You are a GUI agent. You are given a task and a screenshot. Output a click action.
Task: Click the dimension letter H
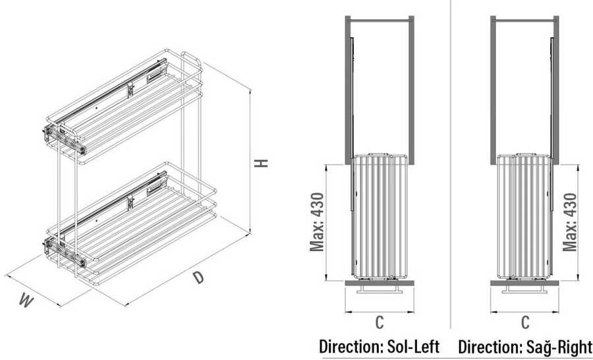coord(261,163)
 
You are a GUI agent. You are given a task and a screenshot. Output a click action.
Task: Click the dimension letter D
coord(198,278)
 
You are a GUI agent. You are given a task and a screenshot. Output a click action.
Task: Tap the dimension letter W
coord(26,301)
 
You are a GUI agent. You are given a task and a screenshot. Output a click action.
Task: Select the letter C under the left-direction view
coord(380,322)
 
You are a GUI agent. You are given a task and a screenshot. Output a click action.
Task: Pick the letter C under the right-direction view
coord(525,322)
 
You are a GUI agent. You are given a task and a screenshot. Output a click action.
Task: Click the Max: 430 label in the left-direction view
coord(317,222)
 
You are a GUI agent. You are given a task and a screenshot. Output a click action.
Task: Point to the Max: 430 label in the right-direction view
coord(570,222)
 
